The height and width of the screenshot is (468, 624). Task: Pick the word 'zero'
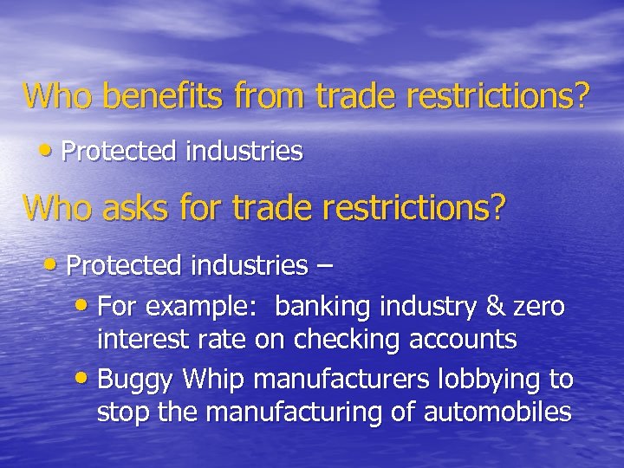(x=539, y=306)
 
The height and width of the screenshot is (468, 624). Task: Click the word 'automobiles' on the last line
(x=498, y=412)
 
